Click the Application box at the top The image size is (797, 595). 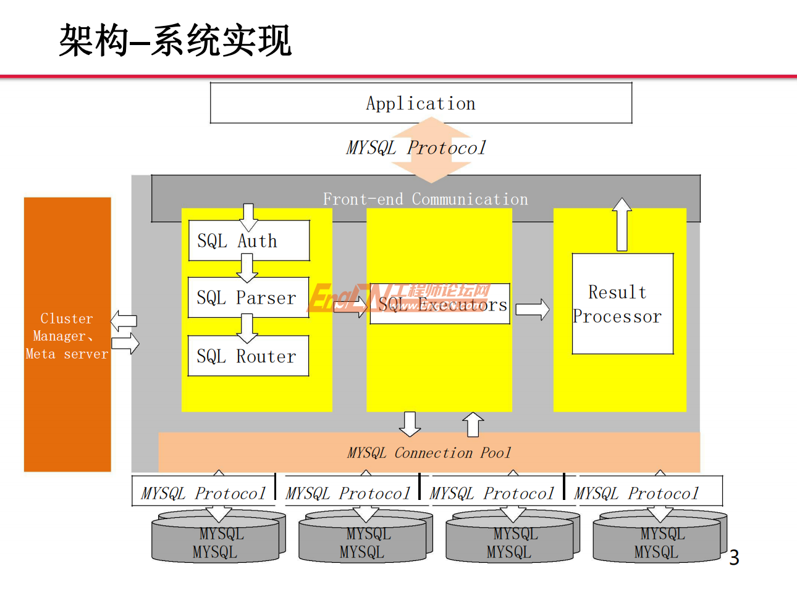coord(421,103)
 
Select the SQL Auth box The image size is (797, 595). coord(248,241)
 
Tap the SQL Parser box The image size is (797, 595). coord(248,297)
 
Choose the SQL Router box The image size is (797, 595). coord(248,356)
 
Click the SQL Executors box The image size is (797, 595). coord(441,304)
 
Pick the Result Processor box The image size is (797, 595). coord(622,304)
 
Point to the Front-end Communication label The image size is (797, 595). coord(425,199)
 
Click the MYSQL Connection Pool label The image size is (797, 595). coord(429,453)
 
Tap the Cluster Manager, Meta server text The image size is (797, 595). coord(67,336)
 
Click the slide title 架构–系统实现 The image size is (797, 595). coord(175,41)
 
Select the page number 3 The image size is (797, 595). coord(734,558)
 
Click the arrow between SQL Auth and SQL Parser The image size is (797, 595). coord(247,268)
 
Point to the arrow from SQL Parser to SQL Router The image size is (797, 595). coord(247,327)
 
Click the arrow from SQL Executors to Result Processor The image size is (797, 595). coord(532,309)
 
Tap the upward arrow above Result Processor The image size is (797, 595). coord(622,224)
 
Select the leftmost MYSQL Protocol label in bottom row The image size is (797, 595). coord(203,493)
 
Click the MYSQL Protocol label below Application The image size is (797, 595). coord(416,148)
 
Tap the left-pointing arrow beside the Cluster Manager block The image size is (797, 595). coord(124,320)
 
